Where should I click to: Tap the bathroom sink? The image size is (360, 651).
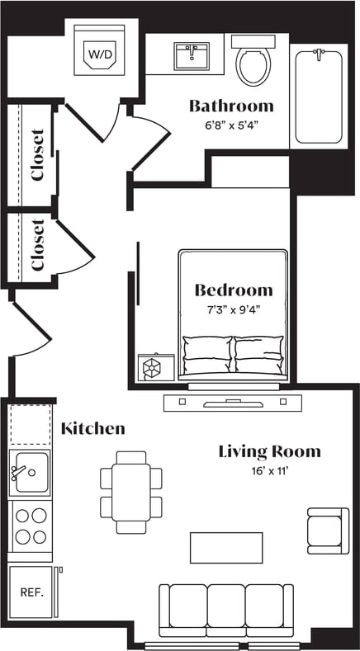[x=192, y=57]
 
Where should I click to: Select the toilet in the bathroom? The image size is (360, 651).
[x=252, y=63]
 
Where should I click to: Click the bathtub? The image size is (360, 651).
[x=318, y=96]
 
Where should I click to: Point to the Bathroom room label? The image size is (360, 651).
[x=231, y=106]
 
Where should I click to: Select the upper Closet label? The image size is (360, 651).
[x=37, y=154]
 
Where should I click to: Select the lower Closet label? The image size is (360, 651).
[x=37, y=244]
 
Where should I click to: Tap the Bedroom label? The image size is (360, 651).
[x=234, y=290]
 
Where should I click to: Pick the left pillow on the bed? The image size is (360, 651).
[x=207, y=354]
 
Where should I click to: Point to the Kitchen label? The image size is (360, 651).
[x=93, y=428]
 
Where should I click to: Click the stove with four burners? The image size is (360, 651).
[x=31, y=526]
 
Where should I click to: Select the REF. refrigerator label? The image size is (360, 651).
[x=31, y=592]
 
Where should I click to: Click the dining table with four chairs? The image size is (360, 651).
[x=131, y=492]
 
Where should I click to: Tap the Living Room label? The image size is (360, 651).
[x=269, y=451]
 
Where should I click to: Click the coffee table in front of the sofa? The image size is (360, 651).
[x=226, y=548]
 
